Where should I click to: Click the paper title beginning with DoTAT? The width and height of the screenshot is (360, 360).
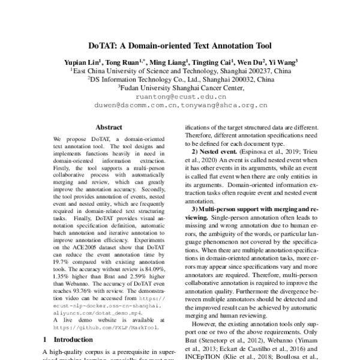click(x=180, y=45)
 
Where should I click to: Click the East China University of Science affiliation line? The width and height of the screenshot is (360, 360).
click(x=180, y=70)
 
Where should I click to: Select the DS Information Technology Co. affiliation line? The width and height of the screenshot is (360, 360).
click(x=180, y=79)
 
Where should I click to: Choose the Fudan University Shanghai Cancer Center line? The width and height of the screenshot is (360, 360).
click(x=180, y=88)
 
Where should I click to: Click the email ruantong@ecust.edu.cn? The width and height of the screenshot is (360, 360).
click(x=181, y=96)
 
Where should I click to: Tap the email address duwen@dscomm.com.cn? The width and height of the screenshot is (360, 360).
click(x=131, y=104)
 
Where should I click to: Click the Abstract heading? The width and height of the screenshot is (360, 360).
click(x=109, y=127)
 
